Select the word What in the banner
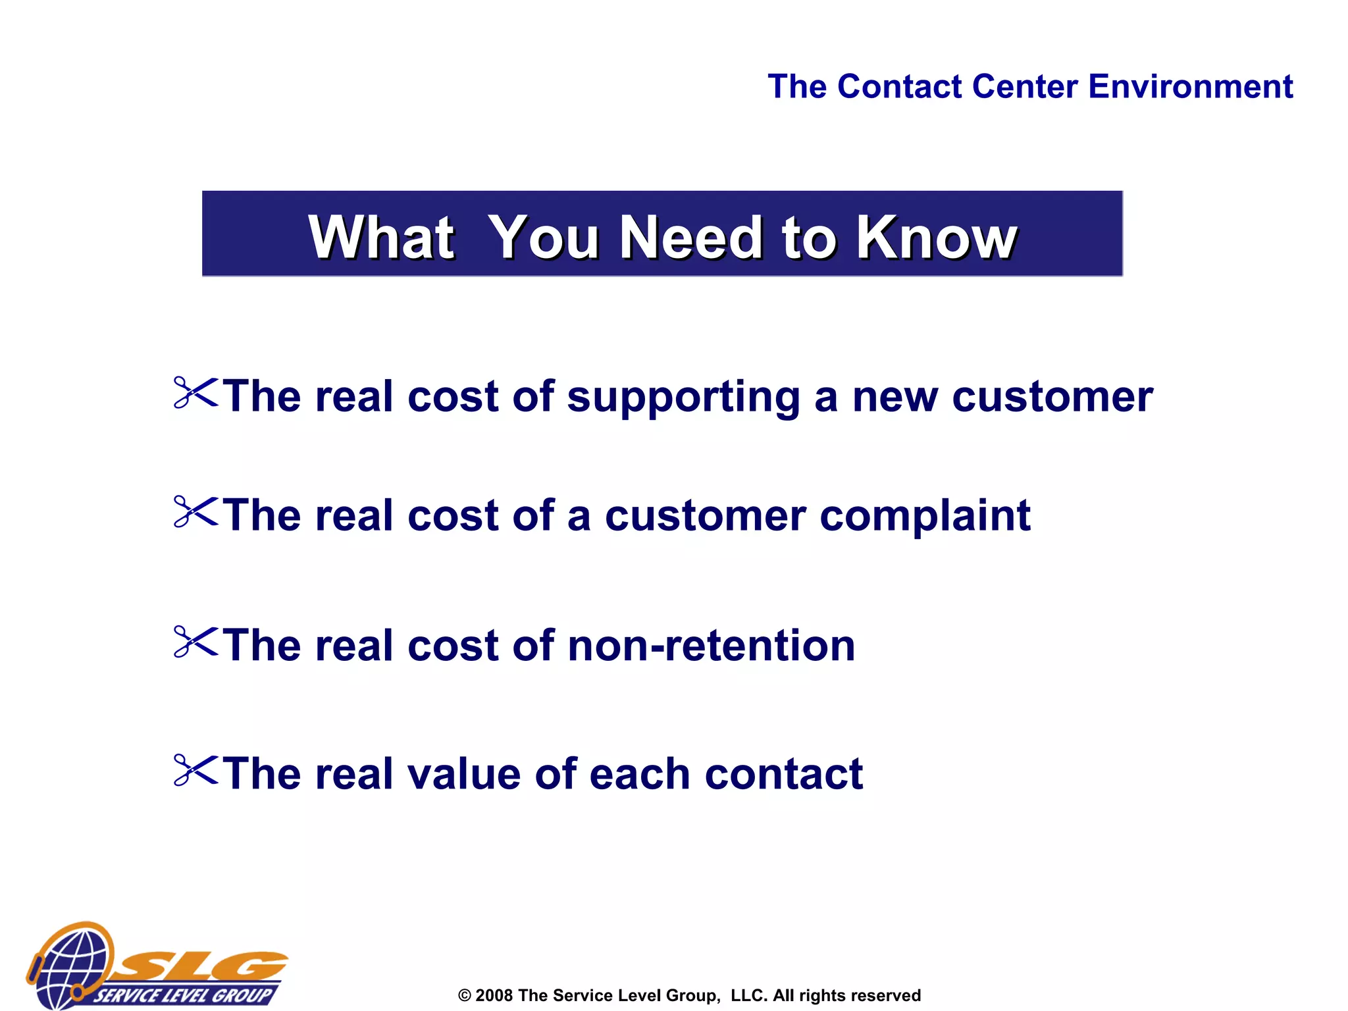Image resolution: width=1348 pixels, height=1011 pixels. tap(381, 238)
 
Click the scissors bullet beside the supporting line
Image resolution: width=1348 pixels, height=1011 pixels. tap(195, 394)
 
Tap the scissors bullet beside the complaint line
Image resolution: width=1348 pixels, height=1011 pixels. tap(195, 512)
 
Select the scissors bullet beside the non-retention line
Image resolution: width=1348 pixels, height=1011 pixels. tap(195, 642)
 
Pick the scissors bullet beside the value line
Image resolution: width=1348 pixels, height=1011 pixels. tap(195, 771)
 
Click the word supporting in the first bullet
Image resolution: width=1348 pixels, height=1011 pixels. tap(684, 399)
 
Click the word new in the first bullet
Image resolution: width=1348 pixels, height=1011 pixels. tap(895, 398)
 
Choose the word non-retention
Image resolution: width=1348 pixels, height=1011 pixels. tap(711, 646)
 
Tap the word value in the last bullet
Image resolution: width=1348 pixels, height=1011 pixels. tap(464, 774)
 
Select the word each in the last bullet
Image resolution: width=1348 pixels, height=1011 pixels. tap(639, 774)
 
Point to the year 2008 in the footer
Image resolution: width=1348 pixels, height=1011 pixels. tap(494, 995)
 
